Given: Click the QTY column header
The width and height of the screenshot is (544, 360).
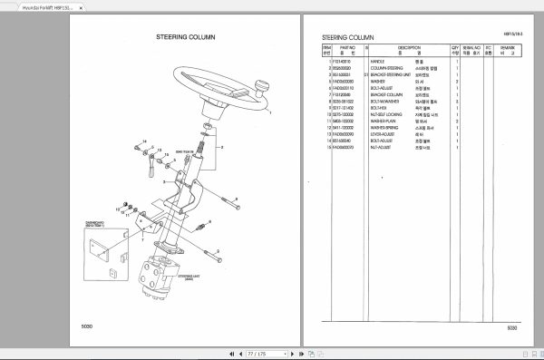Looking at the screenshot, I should [455, 50].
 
